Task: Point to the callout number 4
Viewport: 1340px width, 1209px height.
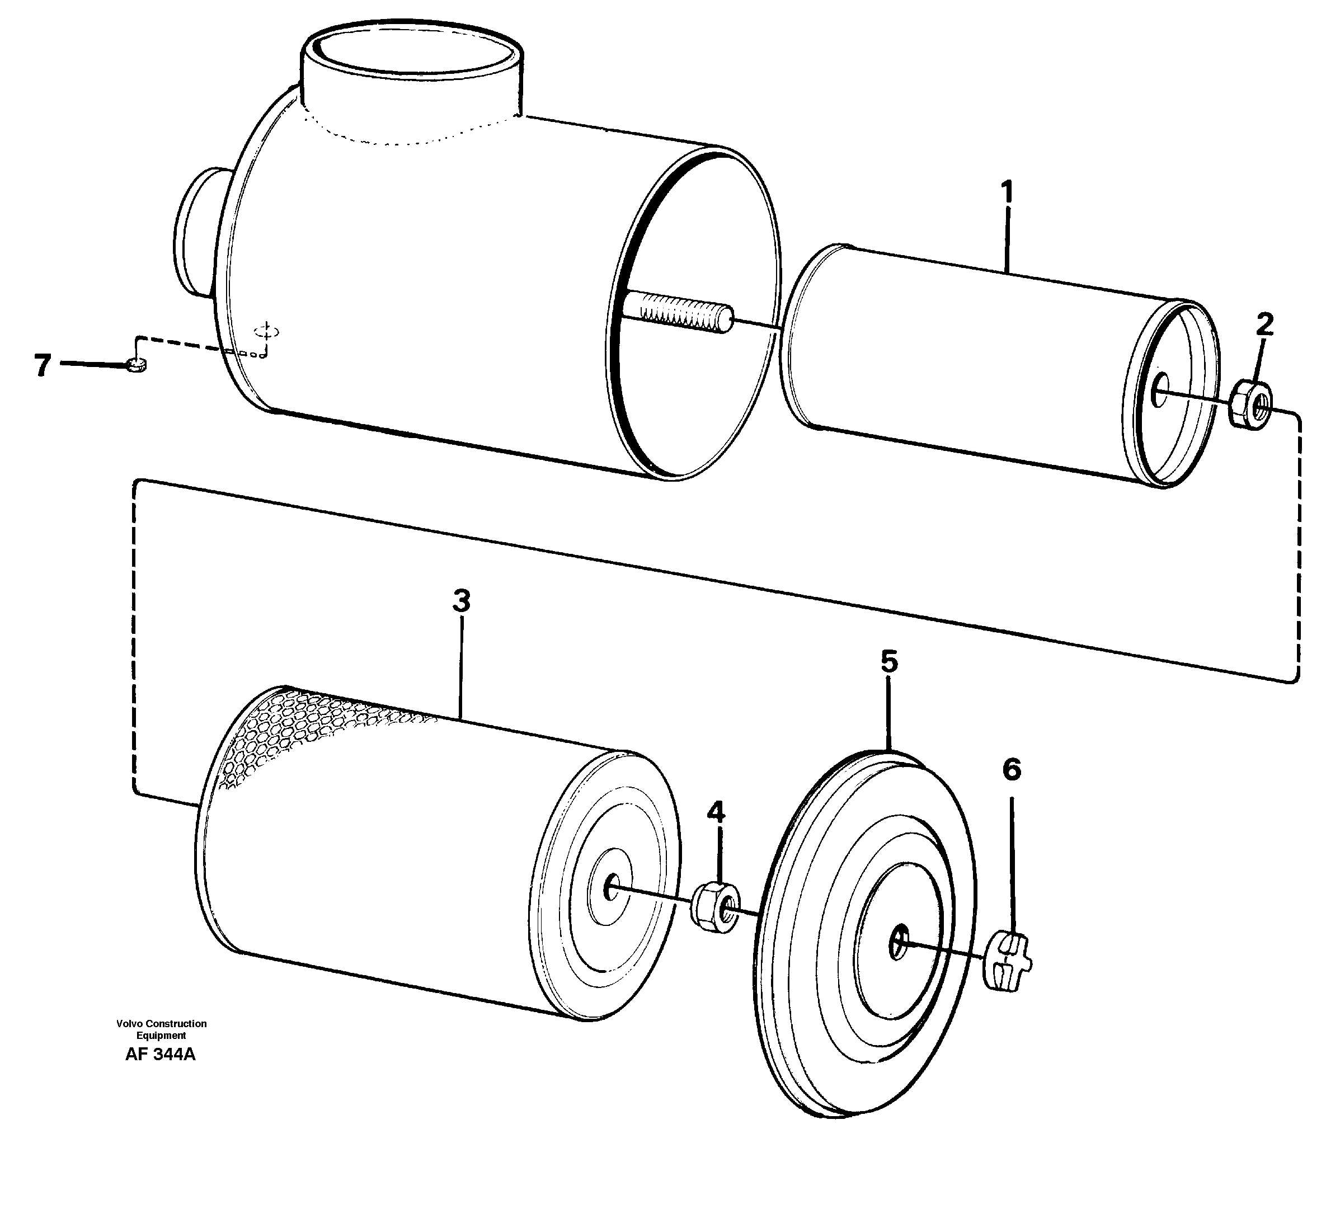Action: point(716,812)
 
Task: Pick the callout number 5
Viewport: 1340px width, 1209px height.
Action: point(889,662)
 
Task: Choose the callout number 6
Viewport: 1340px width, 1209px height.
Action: point(1011,769)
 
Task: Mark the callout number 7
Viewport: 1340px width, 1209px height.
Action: point(43,365)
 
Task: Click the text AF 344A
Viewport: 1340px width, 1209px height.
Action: point(160,1054)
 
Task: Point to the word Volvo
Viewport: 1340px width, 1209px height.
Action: point(130,1024)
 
